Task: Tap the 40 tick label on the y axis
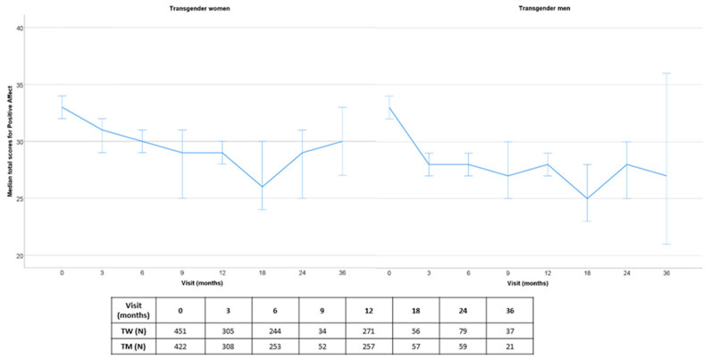pos(31,28)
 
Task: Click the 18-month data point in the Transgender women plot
pos(263,187)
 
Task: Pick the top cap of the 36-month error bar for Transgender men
pos(665,73)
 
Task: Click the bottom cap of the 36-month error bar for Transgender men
pos(665,244)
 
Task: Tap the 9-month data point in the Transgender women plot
pos(182,153)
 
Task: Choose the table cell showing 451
pos(180,330)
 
